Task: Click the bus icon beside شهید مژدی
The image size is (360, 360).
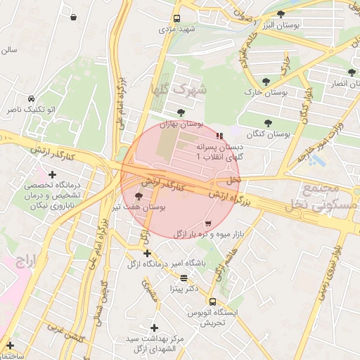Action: pyautogui.click(x=176, y=19)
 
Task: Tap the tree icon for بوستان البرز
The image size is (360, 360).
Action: pyautogui.click(x=281, y=14)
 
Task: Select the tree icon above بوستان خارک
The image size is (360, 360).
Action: pyautogui.click(x=266, y=82)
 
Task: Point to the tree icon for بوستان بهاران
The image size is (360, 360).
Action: pyautogui.click(x=181, y=112)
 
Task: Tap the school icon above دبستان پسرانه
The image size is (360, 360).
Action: pyautogui.click(x=220, y=136)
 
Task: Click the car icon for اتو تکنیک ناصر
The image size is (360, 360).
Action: pyautogui.click(x=32, y=99)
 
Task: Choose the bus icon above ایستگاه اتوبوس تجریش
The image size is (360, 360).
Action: pyautogui.click(x=212, y=301)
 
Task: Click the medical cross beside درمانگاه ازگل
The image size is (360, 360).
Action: pyautogui.click(x=147, y=253)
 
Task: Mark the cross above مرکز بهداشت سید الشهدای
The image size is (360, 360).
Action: pyautogui.click(x=154, y=328)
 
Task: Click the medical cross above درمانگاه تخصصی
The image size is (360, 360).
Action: pyautogui.click(x=52, y=174)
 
